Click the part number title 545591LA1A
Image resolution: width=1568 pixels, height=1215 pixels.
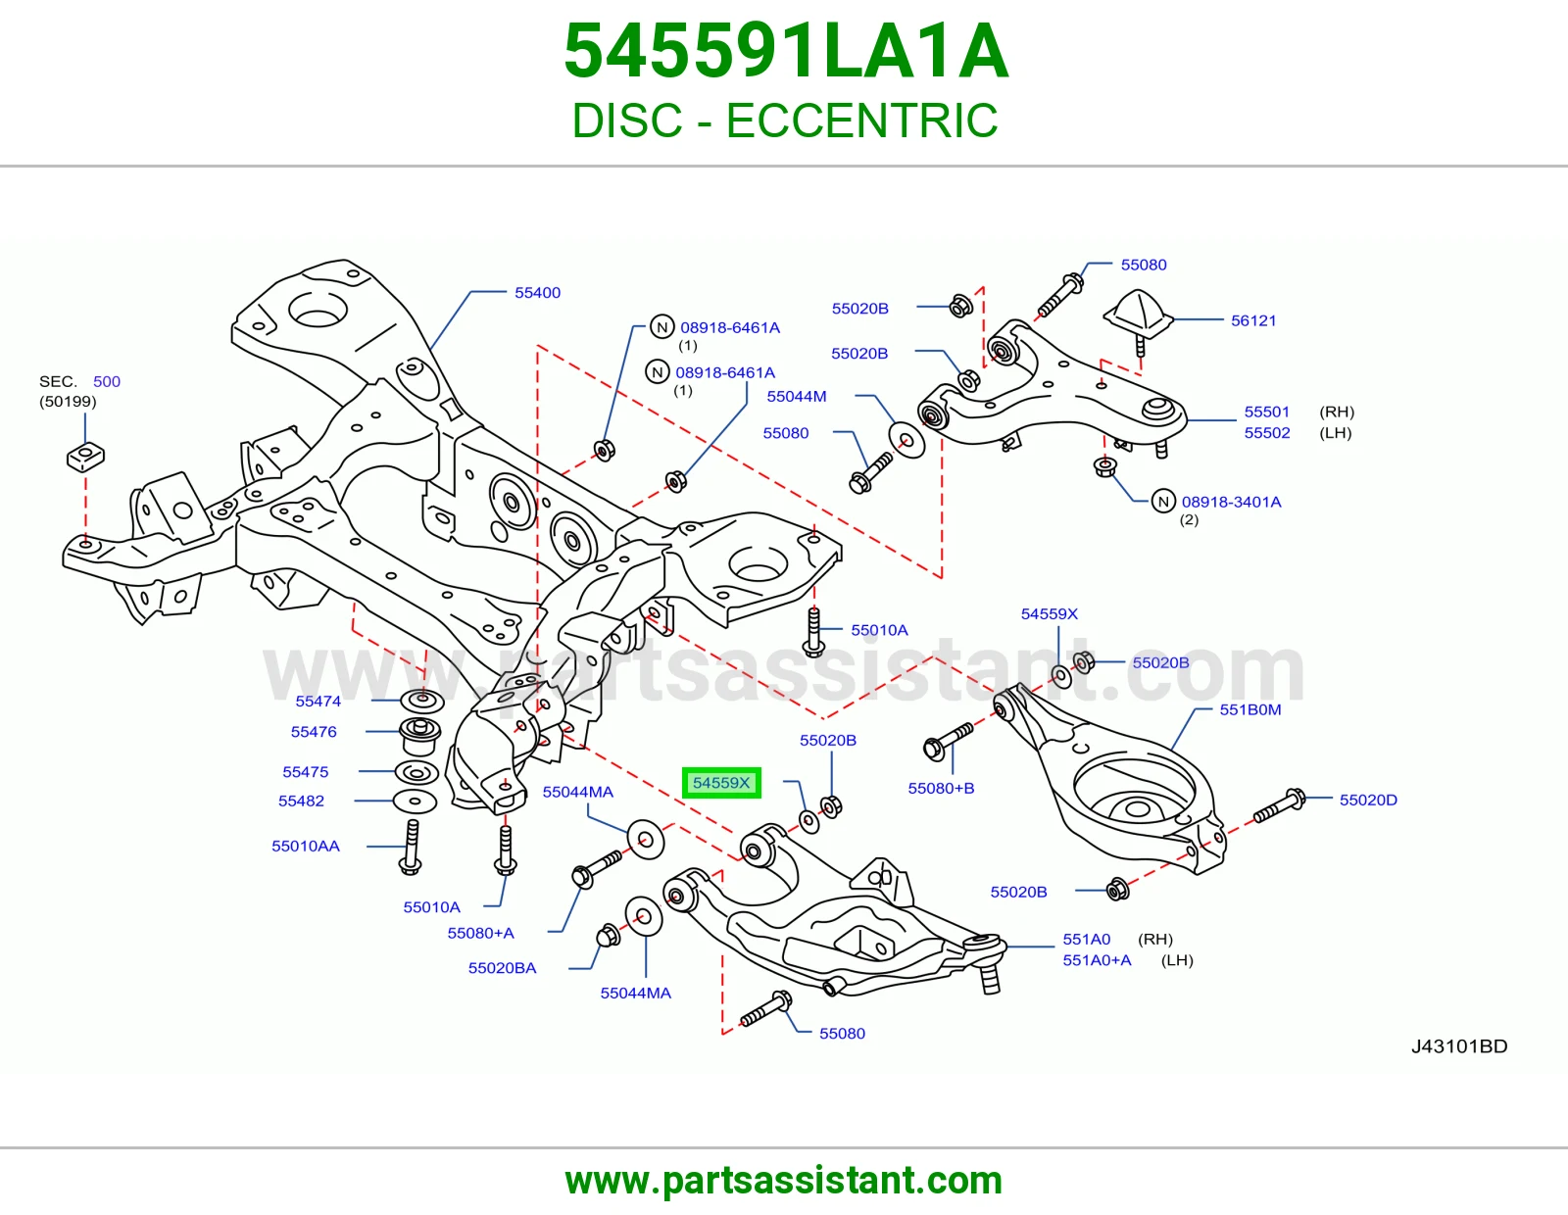(785, 51)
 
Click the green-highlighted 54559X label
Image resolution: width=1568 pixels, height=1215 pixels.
(721, 783)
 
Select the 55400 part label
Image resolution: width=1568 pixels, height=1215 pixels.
(537, 293)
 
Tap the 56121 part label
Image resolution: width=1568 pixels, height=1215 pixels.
(1253, 320)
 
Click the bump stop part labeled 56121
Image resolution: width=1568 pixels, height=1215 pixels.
(1138, 317)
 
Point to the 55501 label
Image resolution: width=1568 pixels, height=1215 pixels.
(1266, 412)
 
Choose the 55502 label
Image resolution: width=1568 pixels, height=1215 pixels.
(1266, 433)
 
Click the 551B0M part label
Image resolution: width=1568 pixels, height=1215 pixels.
(1249, 710)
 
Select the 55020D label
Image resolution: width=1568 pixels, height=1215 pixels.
(1368, 801)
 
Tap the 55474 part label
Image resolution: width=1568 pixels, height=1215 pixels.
(318, 702)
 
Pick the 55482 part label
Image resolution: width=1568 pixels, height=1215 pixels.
(301, 801)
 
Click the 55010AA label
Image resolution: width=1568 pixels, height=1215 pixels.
(305, 847)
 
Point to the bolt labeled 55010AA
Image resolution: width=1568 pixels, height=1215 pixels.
(411, 847)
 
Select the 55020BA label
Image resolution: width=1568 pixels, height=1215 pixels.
(502, 968)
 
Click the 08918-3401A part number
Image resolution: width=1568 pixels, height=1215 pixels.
(1231, 502)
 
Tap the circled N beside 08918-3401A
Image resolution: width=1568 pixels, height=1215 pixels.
(1163, 502)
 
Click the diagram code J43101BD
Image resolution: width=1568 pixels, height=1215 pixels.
(1459, 1046)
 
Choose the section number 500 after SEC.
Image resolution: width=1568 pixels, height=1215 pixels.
(107, 382)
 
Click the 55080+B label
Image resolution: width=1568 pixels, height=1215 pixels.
(941, 789)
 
